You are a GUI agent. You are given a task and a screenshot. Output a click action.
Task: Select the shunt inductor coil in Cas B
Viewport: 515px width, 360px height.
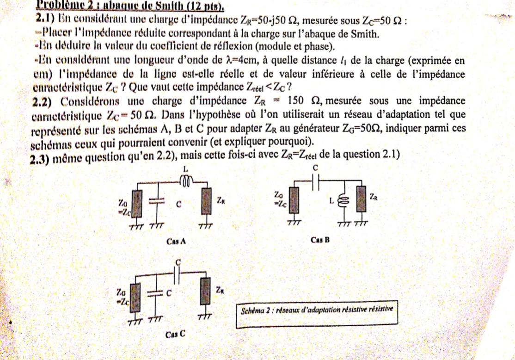(x=343, y=201)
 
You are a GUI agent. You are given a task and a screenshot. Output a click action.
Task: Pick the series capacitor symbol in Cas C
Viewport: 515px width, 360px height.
(x=178, y=276)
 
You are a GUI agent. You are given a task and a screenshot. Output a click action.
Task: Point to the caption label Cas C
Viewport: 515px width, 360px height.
(x=177, y=334)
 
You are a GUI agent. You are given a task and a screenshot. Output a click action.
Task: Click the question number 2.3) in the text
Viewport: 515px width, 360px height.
(x=40, y=158)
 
